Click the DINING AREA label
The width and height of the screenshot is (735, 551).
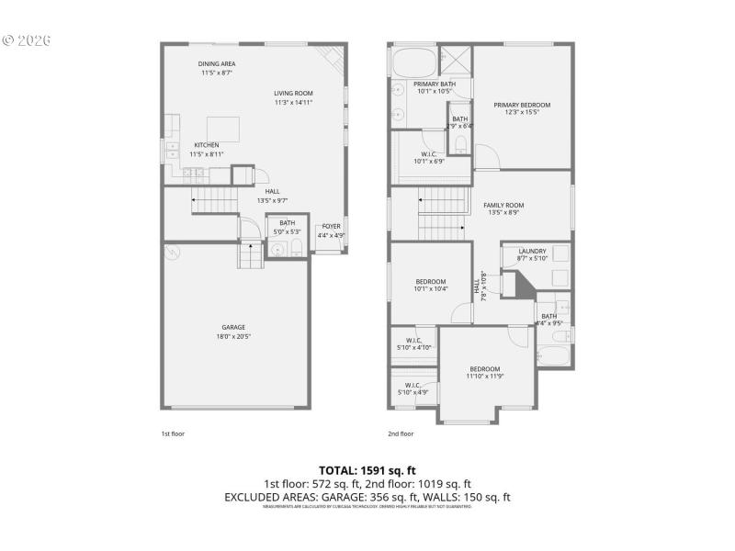point(217,63)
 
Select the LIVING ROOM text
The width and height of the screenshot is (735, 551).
point(293,93)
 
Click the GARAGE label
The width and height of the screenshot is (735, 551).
point(233,327)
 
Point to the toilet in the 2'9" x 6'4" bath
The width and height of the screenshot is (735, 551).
point(460,145)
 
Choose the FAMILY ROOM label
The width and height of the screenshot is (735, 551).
point(503,205)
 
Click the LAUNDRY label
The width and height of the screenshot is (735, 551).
point(532,251)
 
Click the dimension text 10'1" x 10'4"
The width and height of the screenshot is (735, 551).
point(431,289)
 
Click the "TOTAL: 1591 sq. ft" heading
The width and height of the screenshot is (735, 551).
point(367,470)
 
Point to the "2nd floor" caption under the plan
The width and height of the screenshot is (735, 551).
point(401,433)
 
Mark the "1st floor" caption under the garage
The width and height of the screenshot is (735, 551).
point(173,433)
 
